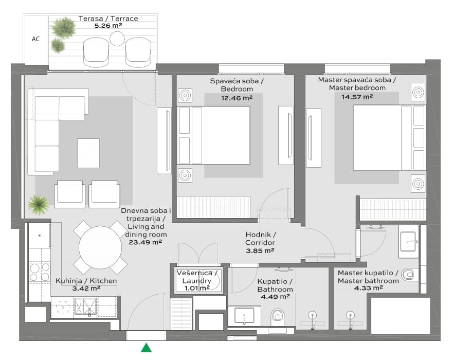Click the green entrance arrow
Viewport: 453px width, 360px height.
click(x=146, y=348)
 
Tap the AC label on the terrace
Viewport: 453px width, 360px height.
click(x=35, y=39)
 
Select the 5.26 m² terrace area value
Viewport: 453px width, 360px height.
click(x=108, y=26)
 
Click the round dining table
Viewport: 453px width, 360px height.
click(x=100, y=247)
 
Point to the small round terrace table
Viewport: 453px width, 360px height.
click(x=117, y=39)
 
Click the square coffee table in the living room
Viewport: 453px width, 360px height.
click(x=88, y=153)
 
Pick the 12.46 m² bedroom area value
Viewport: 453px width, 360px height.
click(x=237, y=98)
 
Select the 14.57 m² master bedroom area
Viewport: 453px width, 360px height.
click(x=357, y=97)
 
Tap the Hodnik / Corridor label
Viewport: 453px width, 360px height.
click(x=260, y=239)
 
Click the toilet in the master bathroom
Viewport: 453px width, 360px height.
click(x=408, y=274)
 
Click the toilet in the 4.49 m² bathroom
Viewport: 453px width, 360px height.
click(x=278, y=315)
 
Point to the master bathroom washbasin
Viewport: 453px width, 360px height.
click(x=409, y=241)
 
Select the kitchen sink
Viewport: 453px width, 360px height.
click(x=86, y=307)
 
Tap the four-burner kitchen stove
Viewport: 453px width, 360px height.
click(x=40, y=272)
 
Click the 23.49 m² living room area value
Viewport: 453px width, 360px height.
click(x=146, y=242)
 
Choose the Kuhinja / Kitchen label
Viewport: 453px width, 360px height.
click(x=86, y=281)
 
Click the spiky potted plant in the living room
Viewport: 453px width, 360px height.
click(x=38, y=205)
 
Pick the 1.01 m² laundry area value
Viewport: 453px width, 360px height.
click(x=197, y=289)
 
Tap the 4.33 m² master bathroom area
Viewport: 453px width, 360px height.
click(x=368, y=288)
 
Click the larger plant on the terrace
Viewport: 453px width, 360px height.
click(x=63, y=27)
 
